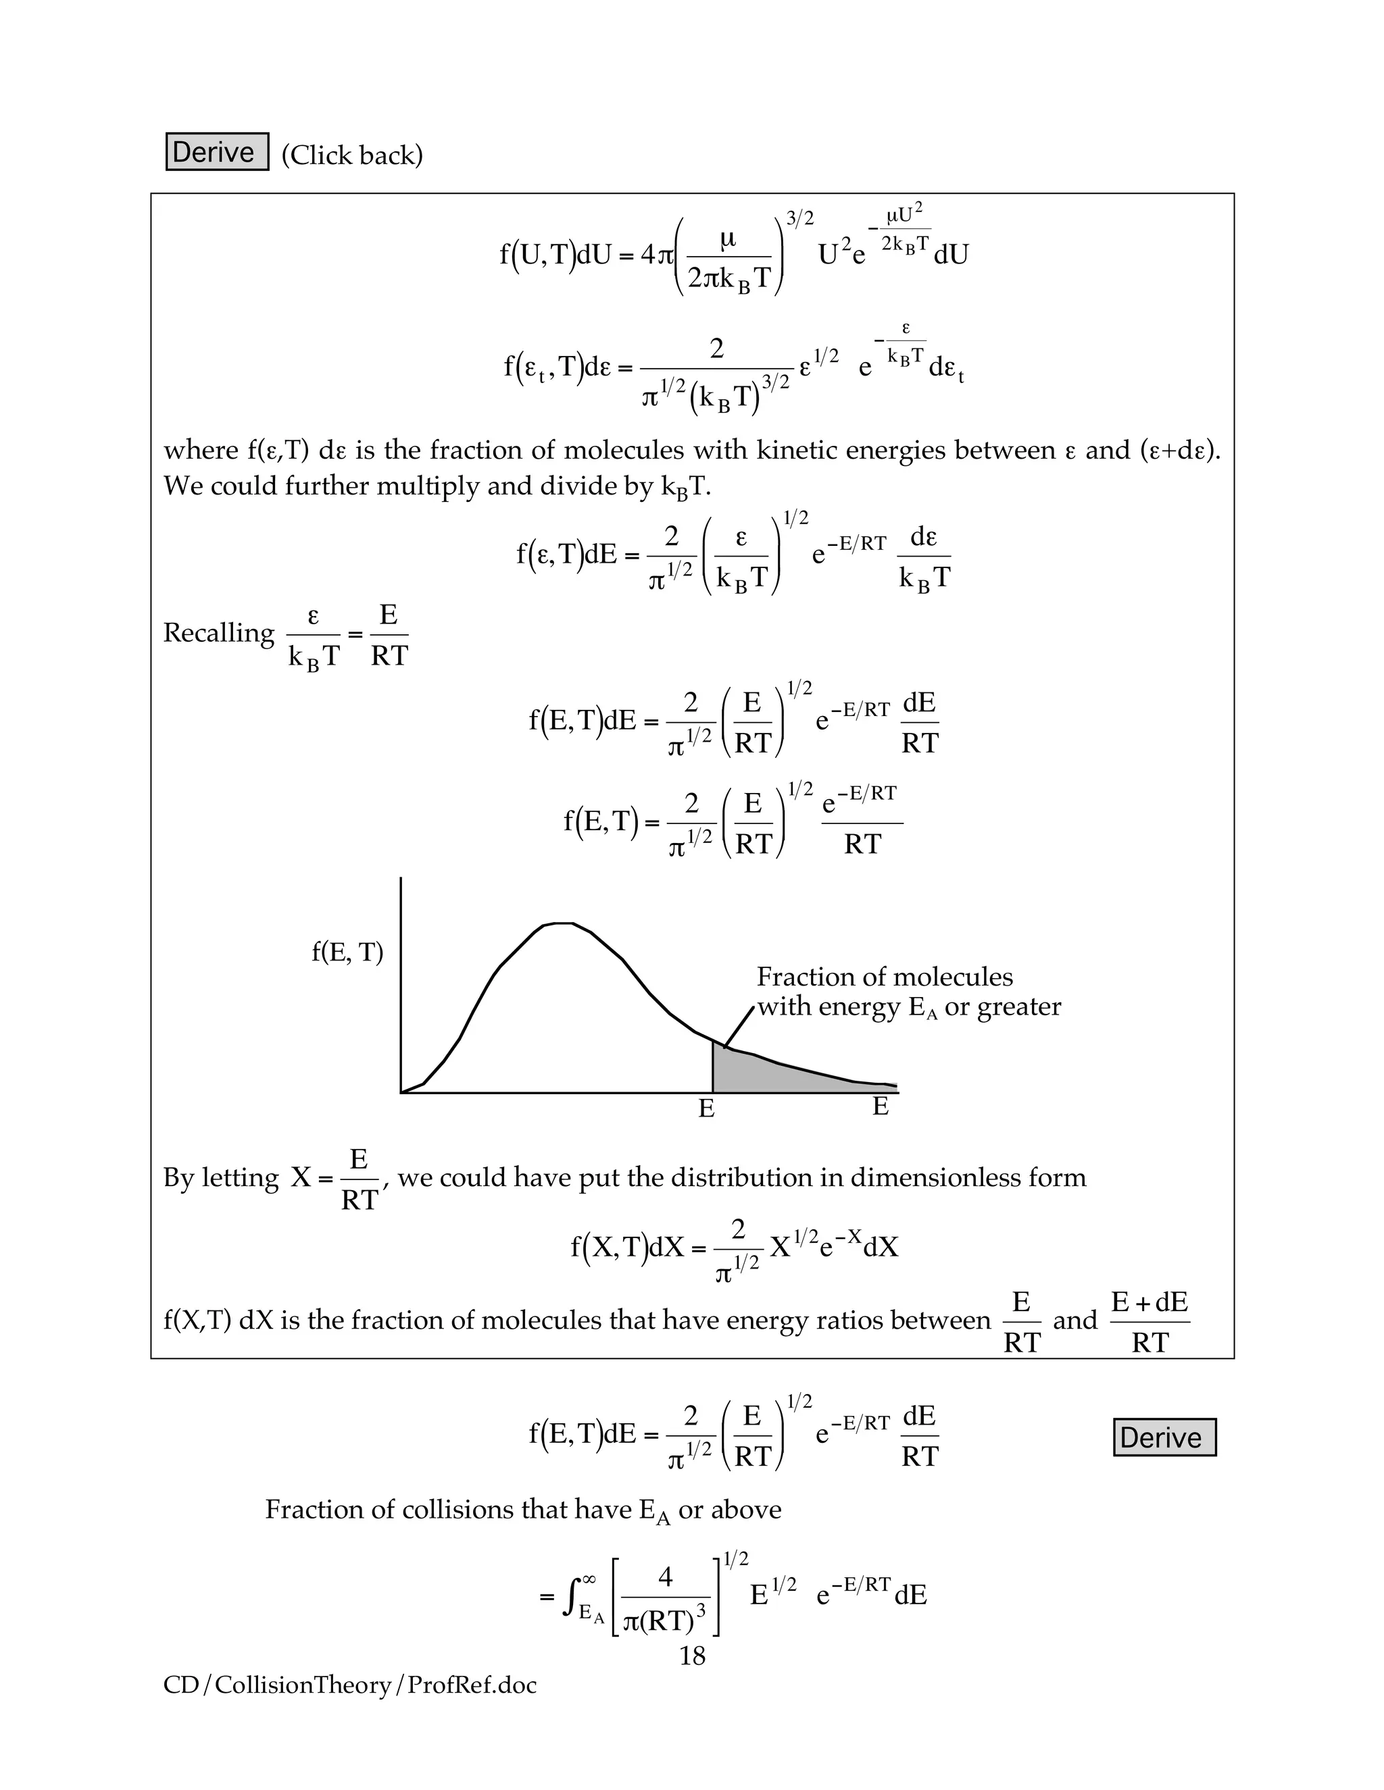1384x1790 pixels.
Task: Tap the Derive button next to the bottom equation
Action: click(1164, 1437)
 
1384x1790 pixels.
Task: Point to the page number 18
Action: click(692, 1656)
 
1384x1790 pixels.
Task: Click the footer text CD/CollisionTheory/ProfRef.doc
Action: click(350, 1685)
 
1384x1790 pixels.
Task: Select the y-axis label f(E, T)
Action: click(347, 952)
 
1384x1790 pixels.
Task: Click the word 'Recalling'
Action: click(218, 633)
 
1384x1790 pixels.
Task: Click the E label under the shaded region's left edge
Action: click(706, 1109)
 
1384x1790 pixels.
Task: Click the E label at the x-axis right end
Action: click(880, 1106)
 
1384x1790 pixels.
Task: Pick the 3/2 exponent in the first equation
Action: click(799, 219)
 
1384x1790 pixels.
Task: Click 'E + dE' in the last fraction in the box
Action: click(1149, 1302)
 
